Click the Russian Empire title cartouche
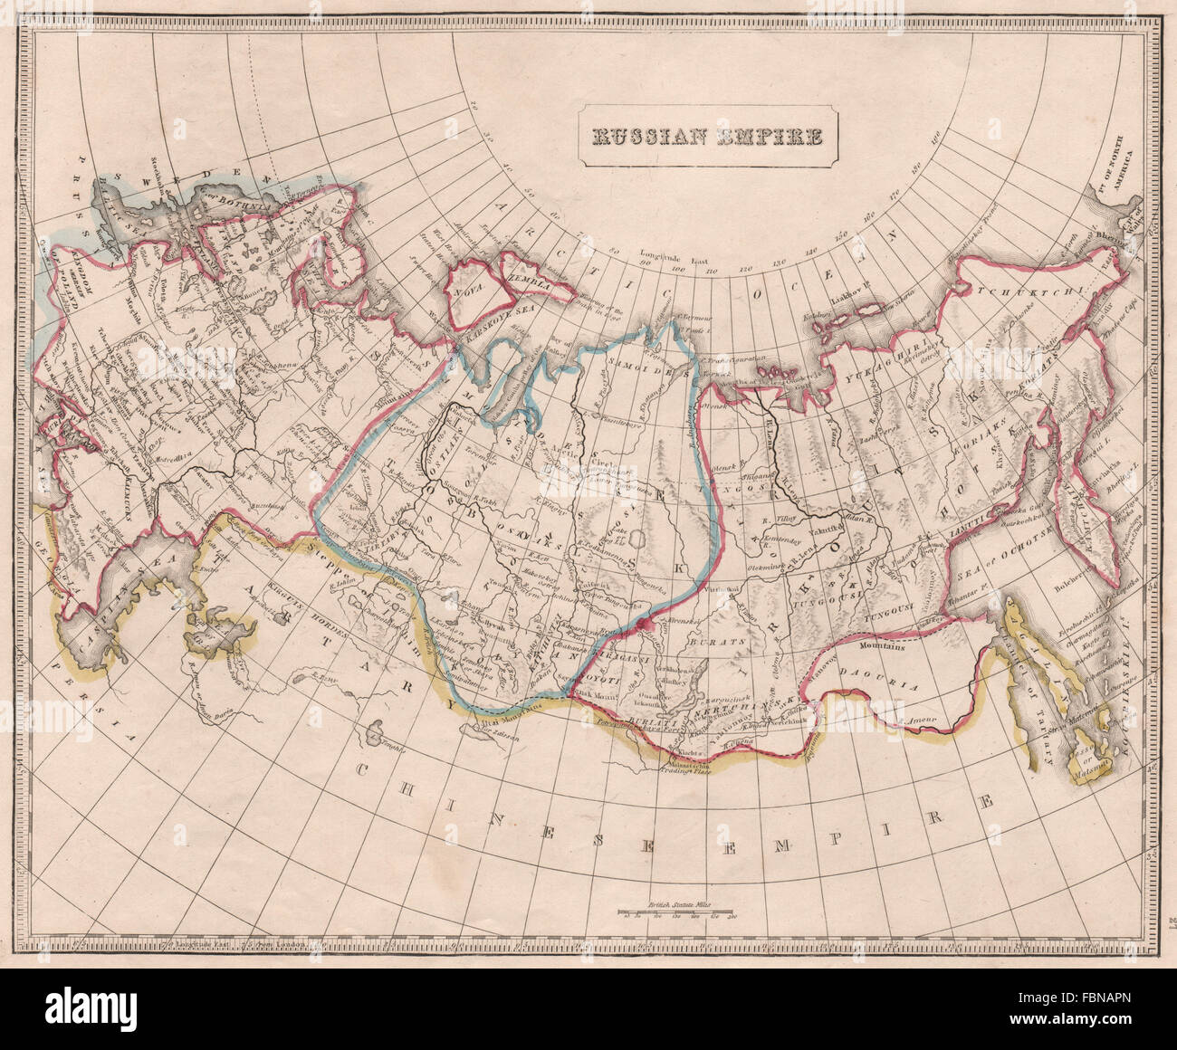[708, 137]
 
